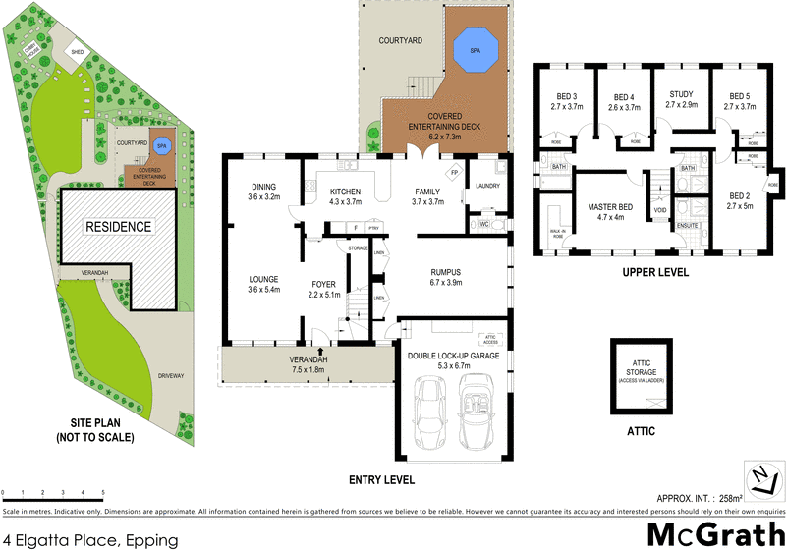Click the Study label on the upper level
pos(680,99)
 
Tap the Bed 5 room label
pos(739,101)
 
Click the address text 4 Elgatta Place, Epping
pos(90,539)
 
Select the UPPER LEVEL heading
pos(654,272)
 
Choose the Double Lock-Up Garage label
pos(455,360)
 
